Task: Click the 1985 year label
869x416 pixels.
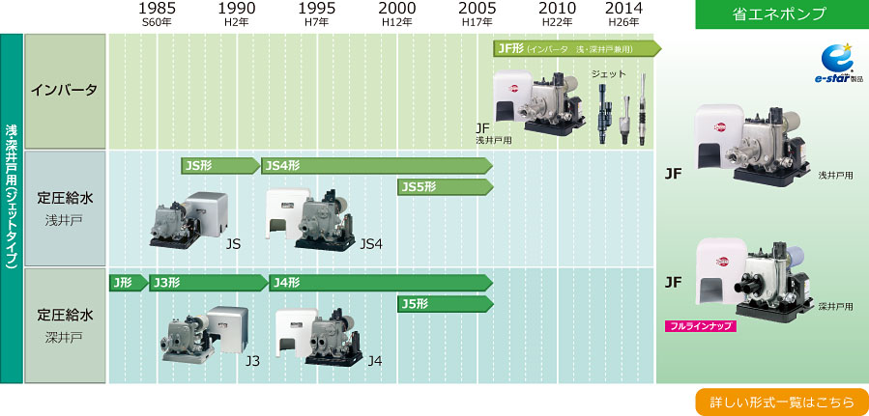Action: [158, 9]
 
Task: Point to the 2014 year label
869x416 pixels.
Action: [623, 9]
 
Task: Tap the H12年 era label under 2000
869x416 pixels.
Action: [397, 23]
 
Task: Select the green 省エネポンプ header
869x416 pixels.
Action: [782, 14]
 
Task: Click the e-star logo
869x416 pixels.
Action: [838, 64]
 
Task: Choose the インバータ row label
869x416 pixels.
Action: [65, 90]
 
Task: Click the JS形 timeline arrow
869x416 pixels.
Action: [220, 165]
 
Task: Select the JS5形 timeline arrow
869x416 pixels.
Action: [445, 186]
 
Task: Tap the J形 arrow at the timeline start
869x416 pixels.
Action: [129, 283]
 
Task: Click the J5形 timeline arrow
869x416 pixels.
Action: [445, 304]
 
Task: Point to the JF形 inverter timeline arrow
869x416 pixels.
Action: [577, 48]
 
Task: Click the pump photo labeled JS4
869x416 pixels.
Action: [310, 220]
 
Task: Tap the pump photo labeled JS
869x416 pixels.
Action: [188, 220]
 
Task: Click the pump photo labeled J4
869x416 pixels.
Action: [319, 336]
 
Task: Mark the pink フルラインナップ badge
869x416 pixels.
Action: [700, 326]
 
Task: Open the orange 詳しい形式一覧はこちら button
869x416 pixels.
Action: [782, 402]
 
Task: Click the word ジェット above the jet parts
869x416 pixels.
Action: [608, 73]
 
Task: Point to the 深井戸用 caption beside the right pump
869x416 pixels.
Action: [836, 306]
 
